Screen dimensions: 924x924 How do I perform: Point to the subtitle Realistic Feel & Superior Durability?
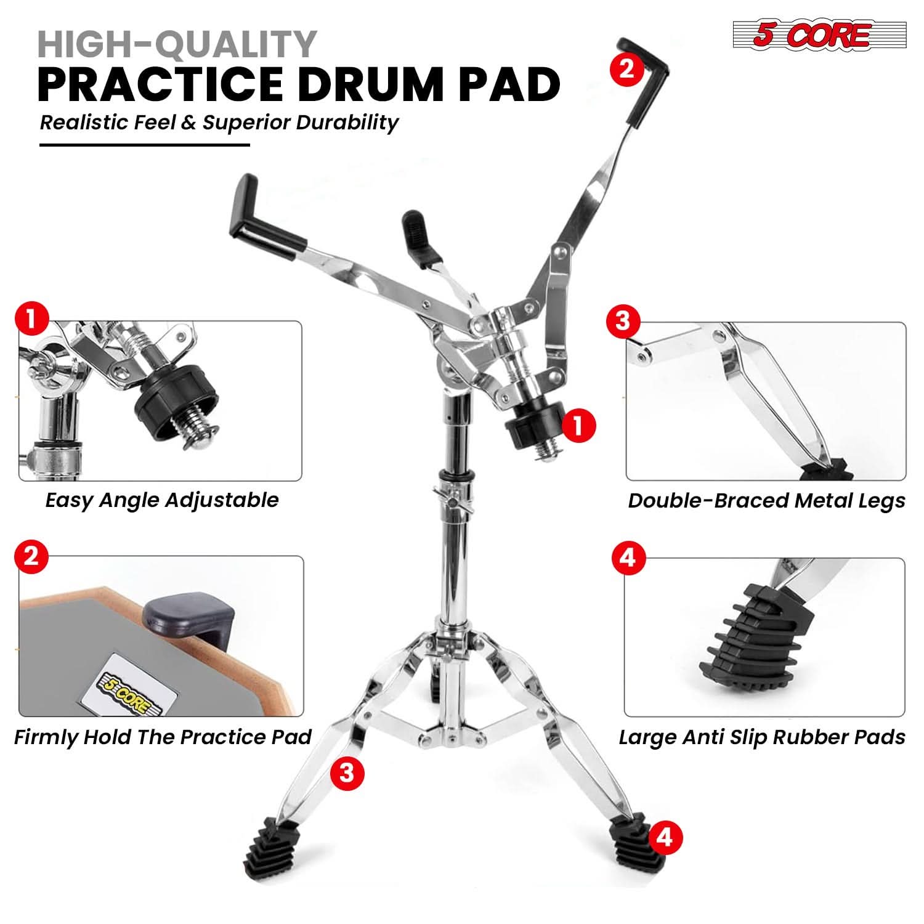point(219,122)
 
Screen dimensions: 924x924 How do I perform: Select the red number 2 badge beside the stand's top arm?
point(626,68)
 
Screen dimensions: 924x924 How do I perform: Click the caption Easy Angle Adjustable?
point(161,500)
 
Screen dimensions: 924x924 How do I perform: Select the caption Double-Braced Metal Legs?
point(766,500)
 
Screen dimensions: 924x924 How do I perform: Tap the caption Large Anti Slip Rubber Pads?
point(762,737)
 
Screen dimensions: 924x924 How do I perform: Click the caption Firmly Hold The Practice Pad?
point(163,737)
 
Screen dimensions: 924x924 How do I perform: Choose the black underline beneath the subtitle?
point(144,145)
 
